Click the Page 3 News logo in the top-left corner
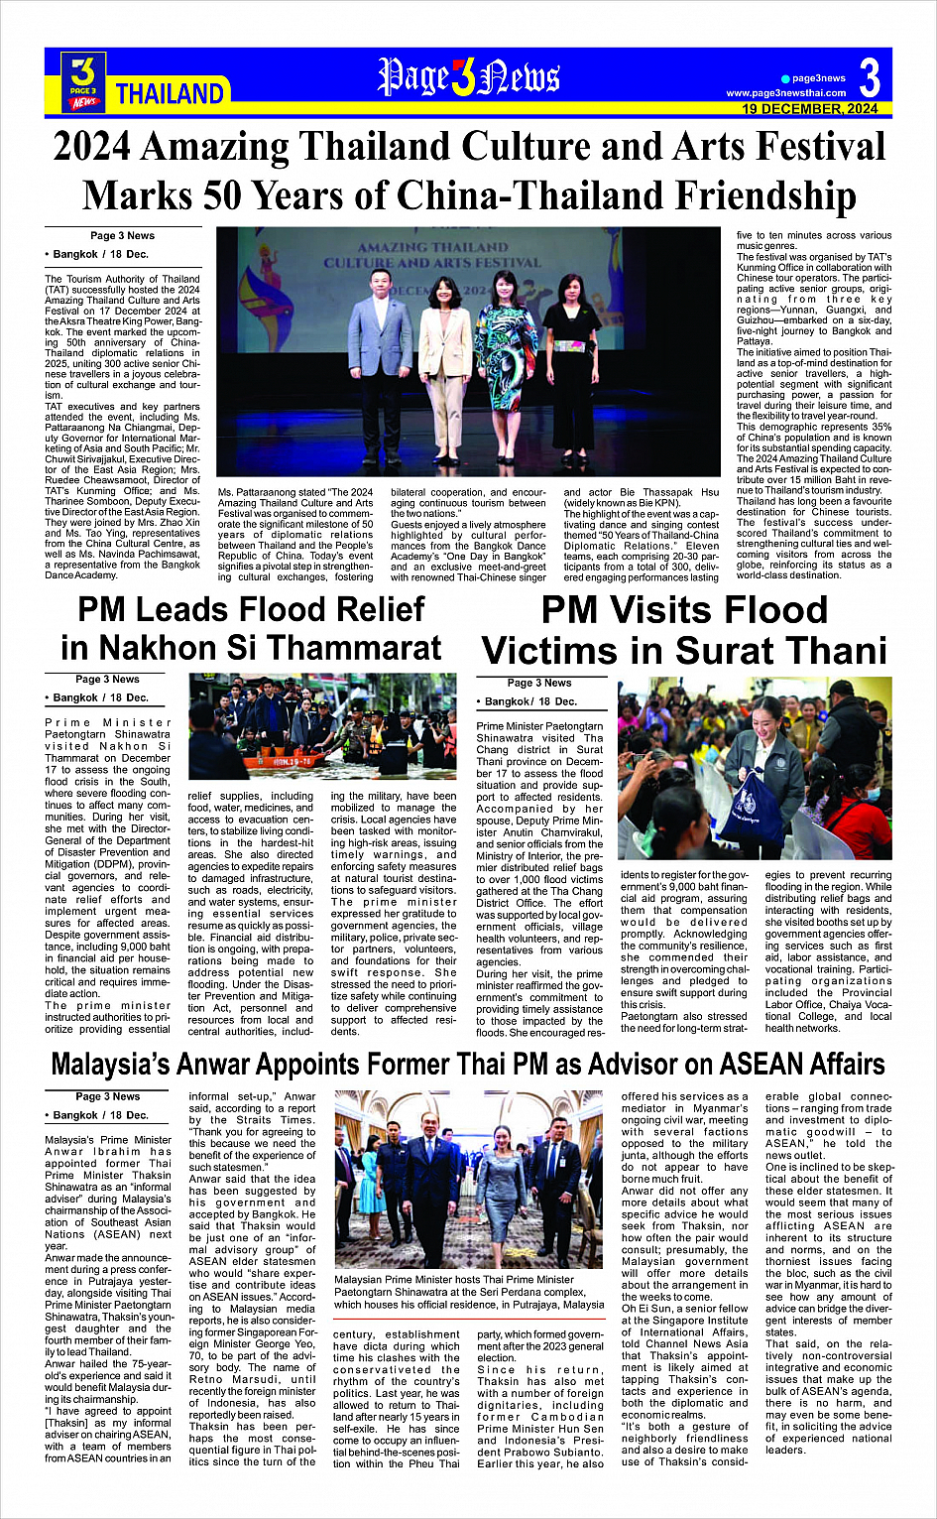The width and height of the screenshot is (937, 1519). [84, 80]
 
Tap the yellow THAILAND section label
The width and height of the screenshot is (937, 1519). [171, 94]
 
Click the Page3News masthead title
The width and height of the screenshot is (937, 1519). [468, 77]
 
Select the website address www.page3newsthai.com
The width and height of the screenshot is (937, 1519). [786, 93]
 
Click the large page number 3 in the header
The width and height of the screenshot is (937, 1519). [869, 76]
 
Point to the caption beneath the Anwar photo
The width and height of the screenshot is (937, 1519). [469, 1293]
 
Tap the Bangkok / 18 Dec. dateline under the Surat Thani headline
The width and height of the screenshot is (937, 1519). [530, 701]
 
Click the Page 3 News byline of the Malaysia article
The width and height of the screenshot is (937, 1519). [108, 1096]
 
